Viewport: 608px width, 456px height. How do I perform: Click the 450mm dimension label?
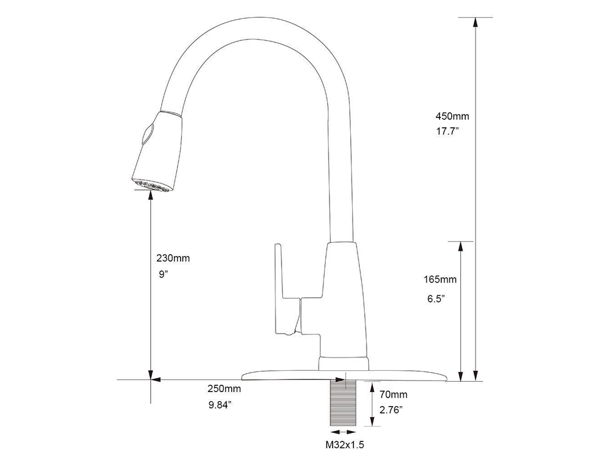[x=452, y=116]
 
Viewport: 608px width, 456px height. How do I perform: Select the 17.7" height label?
[x=447, y=132]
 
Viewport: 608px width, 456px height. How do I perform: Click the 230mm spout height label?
[x=173, y=258]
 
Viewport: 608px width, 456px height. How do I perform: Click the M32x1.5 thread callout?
[x=345, y=446]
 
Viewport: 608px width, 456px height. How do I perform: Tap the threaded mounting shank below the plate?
[x=344, y=403]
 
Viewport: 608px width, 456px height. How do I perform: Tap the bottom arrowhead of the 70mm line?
[x=371, y=425]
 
